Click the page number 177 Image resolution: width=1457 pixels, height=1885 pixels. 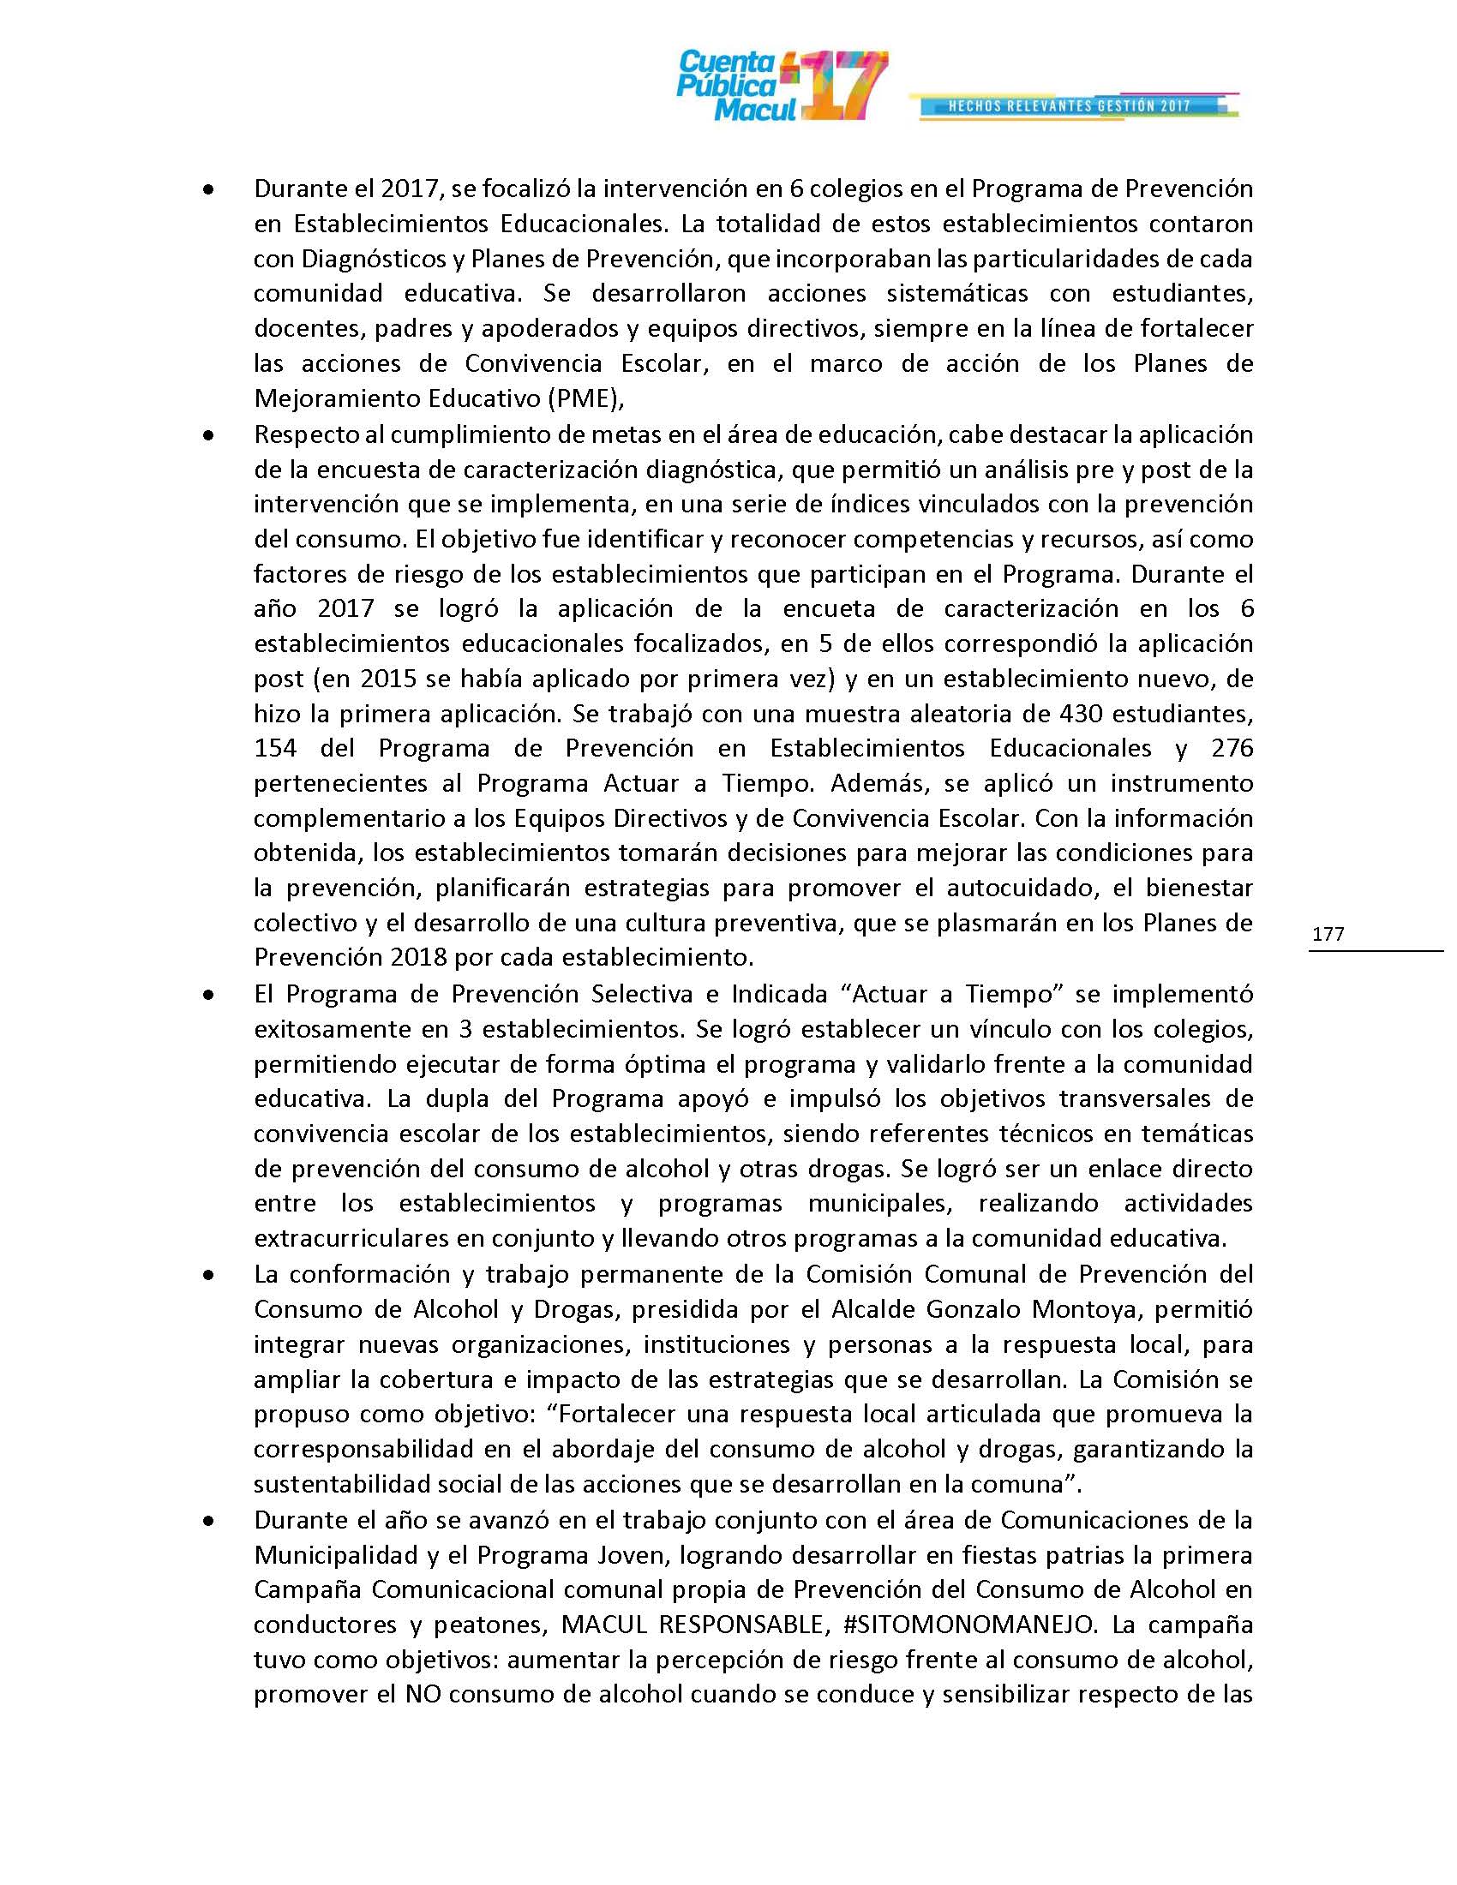(1328, 934)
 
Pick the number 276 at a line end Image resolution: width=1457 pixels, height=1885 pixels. (1232, 748)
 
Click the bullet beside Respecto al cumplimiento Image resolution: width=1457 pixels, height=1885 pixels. (207, 438)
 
